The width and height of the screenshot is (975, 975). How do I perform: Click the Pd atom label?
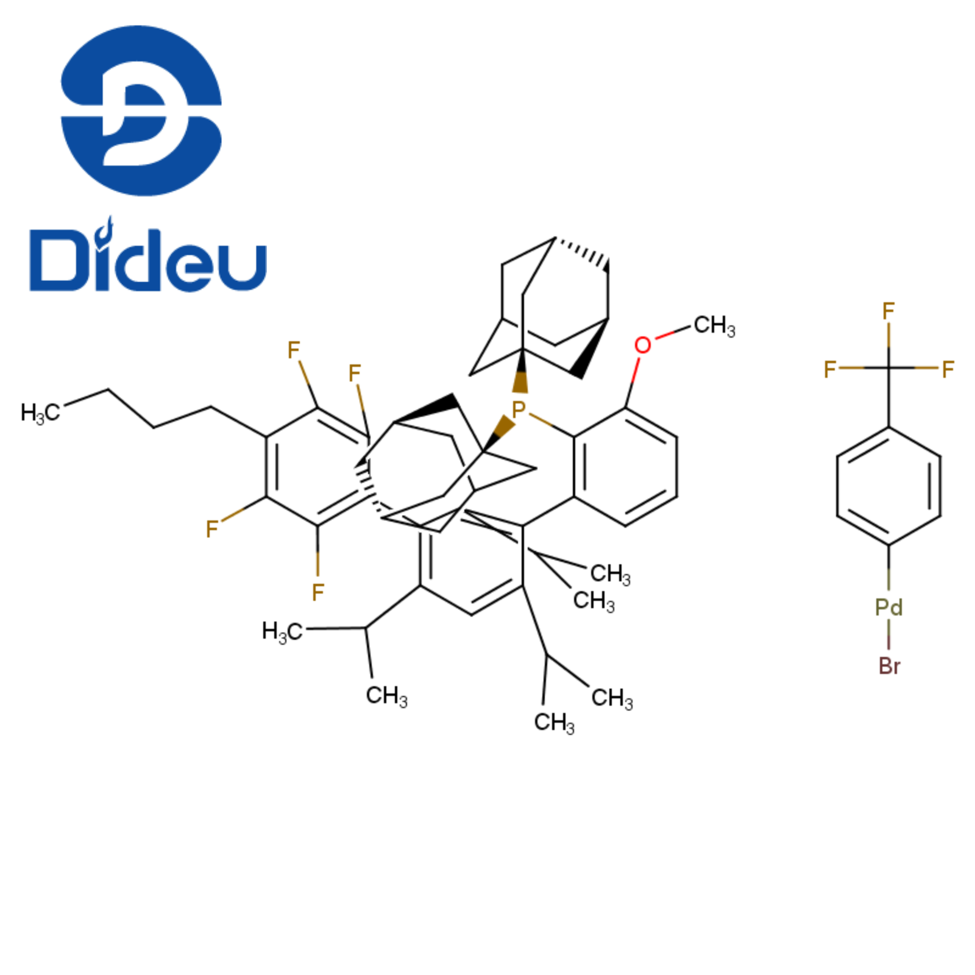tap(888, 607)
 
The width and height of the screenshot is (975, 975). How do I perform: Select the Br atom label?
tap(889, 666)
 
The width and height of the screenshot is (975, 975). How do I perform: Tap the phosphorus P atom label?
tap(519, 409)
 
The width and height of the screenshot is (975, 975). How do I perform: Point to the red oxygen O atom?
tap(642, 346)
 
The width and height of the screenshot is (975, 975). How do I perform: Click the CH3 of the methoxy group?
tap(714, 326)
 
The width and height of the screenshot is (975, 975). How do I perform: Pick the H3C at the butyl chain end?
tap(40, 413)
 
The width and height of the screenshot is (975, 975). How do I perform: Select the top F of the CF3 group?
tap(888, 311)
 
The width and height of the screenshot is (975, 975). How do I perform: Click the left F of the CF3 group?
tap(829, 369)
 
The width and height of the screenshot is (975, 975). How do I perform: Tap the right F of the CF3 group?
tap(948, 369)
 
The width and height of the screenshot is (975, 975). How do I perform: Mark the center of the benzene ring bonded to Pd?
tap(888, 486)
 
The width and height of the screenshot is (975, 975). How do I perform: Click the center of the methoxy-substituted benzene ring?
tap(625, 467)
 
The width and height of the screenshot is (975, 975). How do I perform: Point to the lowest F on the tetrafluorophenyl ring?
tap(317, 592)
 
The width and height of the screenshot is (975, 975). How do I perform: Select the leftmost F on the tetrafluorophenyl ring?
tap(211, 529)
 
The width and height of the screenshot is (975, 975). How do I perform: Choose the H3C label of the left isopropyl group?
tap(282, 632)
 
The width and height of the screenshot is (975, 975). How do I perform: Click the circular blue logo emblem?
tap(141, 111)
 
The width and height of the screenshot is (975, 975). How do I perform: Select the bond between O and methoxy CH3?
tap(673, 333)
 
